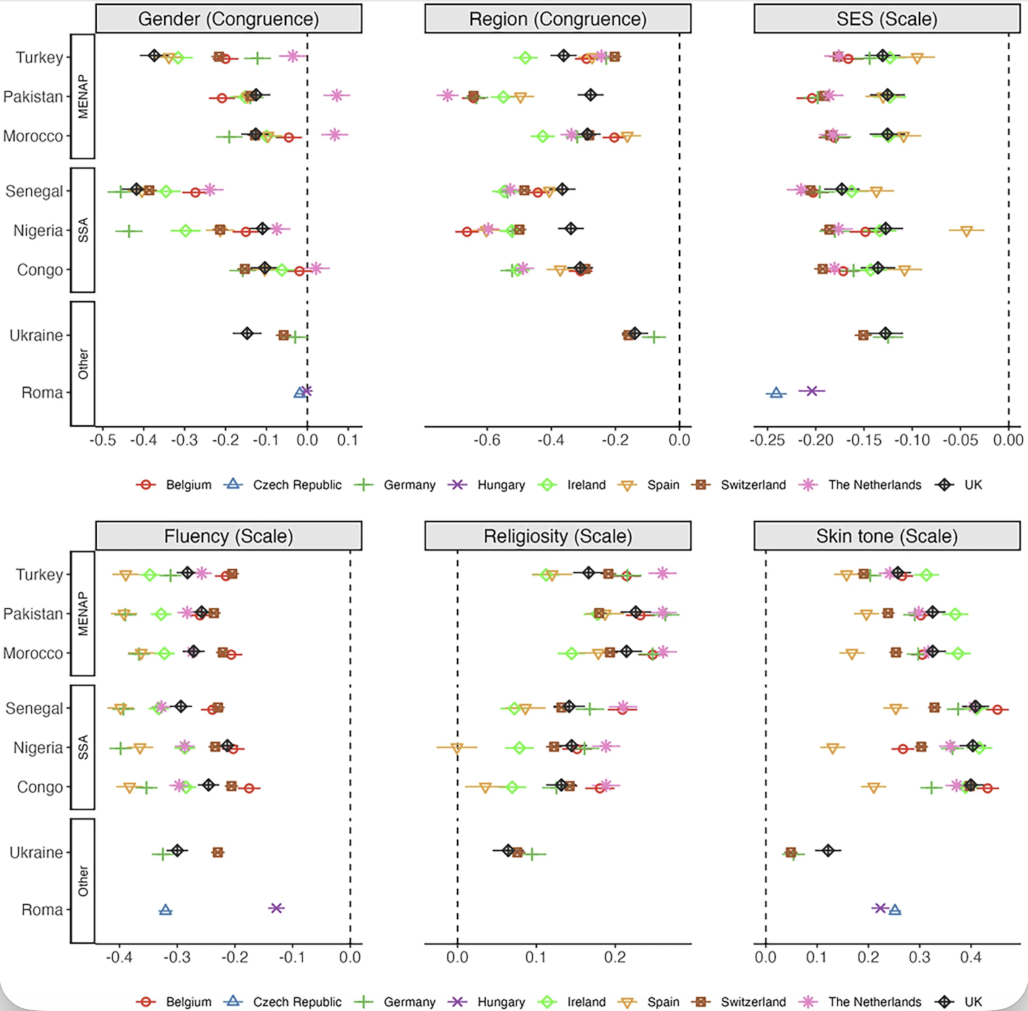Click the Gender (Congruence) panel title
point(228,19)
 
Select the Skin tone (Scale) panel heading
point(886,536)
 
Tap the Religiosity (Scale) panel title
point(557,536)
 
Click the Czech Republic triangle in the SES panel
point(776,393)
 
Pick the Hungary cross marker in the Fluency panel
point(276,908)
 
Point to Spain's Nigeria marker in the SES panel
point(966,231)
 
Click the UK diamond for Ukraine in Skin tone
point(828,850)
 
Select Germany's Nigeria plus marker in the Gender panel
point(129,231)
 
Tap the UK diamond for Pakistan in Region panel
point(591,95)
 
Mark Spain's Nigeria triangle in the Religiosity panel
point(456,748)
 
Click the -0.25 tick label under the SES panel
point(768,440)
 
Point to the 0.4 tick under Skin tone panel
point(970,957)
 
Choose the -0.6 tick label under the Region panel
point(487,440)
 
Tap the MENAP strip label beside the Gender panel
point(83,96)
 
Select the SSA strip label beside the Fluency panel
point(83,747)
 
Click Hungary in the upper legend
point(500,485)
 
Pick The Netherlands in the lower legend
point(874,1002)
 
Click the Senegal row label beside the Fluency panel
point(34,708)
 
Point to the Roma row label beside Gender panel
point(42,393)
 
